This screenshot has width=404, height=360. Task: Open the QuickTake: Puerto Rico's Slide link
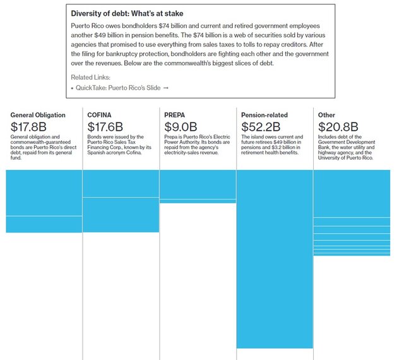(x=118, y=87)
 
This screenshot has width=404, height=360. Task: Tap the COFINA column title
(x=99, y=115)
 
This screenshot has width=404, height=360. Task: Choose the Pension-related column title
(x=264, y=115)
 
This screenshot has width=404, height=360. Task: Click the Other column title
(x=327, y=115)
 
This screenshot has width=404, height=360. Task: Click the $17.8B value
(x=28, y=127)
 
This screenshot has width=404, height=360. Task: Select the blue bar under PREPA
(x=198, y=186)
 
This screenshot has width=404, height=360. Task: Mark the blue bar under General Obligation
(x=44, y=201)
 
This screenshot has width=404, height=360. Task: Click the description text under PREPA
(x=196, y=147)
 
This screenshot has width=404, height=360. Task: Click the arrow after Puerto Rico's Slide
(x=165, y=87)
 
